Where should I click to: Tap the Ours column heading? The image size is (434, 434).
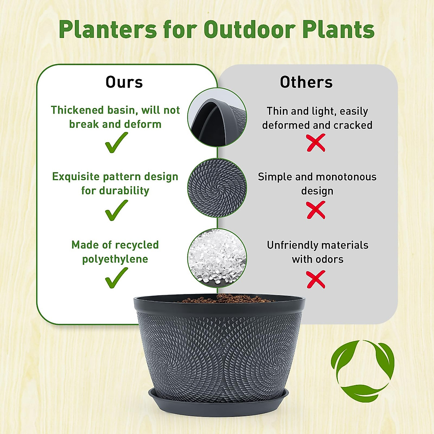[x=124, y=82]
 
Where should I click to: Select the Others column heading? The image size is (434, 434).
[x=306, y=82]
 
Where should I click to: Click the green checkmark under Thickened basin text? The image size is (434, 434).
[x=116, y=142]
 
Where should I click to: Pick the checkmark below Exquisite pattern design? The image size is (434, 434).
[x=116, y=210]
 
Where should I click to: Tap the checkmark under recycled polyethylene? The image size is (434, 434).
[x=116, y=278]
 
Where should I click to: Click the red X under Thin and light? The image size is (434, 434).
[x=316, y=143]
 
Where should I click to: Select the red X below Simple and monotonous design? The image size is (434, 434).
[x=316, y=210]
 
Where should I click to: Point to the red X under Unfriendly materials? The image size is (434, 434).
[x=316, y=280]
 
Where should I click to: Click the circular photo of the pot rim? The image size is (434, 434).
[x=217, y=117]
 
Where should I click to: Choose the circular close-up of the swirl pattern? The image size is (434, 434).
[x=217, y=188]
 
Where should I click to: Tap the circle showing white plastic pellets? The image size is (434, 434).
[x=217, y=258]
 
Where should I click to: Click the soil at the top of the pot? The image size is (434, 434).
[x=224, y=298]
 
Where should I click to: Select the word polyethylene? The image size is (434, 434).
[x=115, y=259]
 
